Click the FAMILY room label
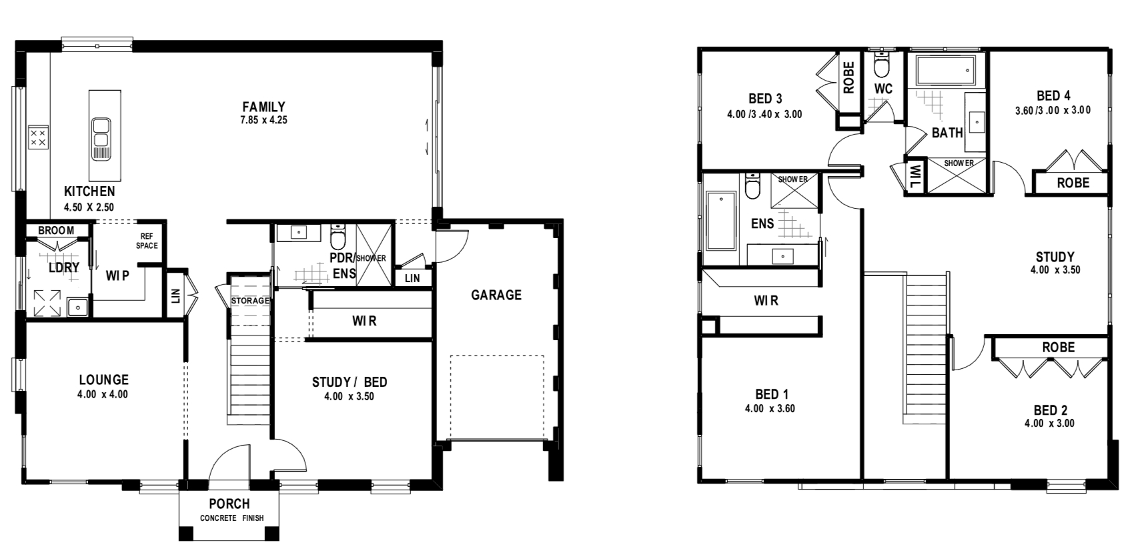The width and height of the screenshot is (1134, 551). tap(263, 107)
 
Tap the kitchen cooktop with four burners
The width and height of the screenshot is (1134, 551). tap(39, 137)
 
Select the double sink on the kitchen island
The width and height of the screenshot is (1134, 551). tap(101, 139)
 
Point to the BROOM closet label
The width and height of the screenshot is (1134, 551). tap(56, 230)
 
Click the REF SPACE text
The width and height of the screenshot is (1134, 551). tap(147, 241)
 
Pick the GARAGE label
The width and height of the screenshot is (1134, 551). tap(496, 295)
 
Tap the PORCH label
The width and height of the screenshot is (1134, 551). tap(229, 504)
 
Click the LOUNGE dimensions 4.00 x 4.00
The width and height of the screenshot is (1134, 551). tap(103, 394)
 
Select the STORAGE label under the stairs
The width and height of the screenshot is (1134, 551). tap(250, 301)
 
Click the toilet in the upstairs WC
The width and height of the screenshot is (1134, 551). tap(882, 65)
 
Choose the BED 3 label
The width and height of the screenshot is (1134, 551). tap(765, 98)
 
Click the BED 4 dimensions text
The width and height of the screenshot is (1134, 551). tap(1053, 111)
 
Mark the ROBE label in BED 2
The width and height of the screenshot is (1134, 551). tap(1059, 348)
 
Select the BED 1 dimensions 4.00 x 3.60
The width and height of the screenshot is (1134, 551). tap(770, 409)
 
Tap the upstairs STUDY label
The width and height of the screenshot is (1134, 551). tap(1055, 257)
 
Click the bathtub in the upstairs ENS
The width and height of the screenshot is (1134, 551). tap(721, 220)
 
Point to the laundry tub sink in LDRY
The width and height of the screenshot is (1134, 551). tap(78, 307)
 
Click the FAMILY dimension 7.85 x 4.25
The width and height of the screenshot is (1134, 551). tap(263, 121)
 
